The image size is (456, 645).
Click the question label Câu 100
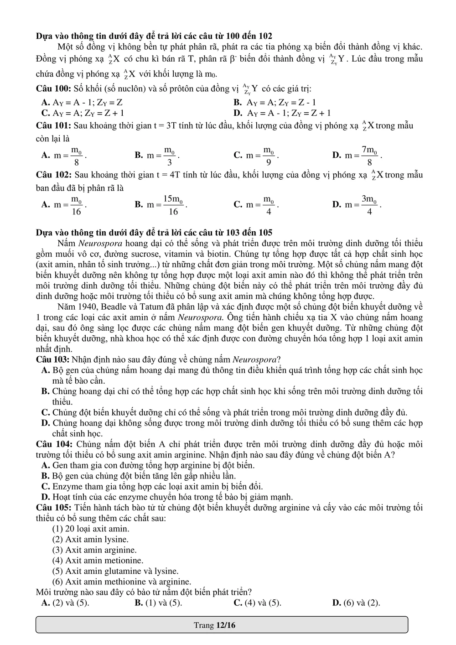53,88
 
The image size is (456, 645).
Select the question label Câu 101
53,125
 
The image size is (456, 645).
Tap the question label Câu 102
53,175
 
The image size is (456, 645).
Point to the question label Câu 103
53,359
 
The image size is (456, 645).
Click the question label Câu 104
53,444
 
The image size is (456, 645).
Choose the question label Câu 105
53,507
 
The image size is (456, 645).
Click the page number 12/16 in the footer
226,625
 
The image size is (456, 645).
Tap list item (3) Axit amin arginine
94,550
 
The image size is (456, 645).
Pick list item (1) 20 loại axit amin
91,529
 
